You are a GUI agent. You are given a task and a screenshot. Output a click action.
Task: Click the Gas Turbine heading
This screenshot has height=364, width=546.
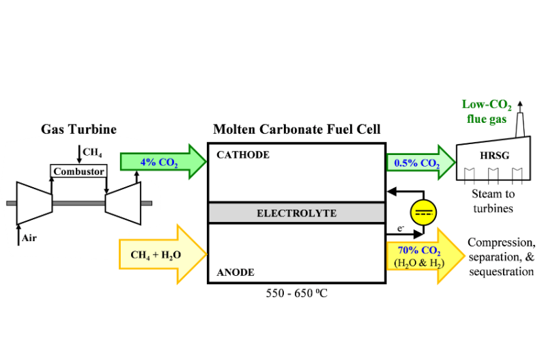pos(78,129)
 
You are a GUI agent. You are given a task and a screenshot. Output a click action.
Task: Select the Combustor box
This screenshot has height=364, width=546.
pos(78,171)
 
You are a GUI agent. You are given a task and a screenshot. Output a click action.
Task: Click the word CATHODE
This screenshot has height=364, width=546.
pos(243,155)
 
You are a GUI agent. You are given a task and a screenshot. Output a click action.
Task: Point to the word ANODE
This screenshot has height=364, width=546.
pos(235,272)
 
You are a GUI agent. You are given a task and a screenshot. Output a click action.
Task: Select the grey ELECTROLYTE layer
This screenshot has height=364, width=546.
pos(296,213)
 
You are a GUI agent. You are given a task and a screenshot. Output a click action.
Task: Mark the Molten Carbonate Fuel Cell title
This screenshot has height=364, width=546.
pos(297,129)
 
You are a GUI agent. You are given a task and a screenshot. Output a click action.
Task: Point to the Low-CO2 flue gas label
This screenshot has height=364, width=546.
pos(487,111)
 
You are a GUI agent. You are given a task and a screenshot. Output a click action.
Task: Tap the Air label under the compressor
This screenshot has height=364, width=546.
pos(29,238)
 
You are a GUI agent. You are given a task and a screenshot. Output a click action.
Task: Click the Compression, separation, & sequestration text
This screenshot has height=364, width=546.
pos(501,257)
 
